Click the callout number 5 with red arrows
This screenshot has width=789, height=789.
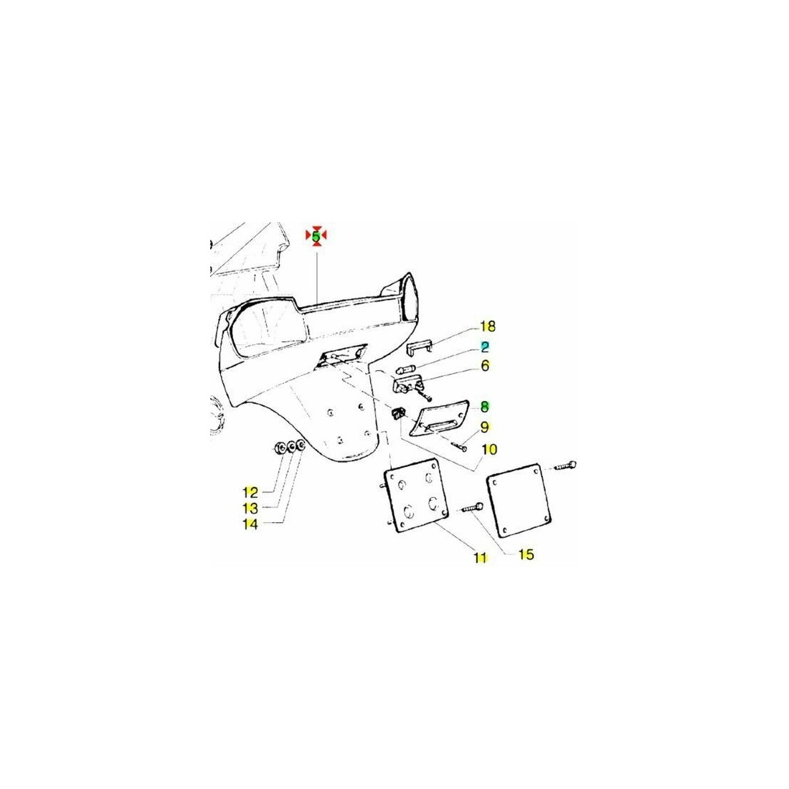(316, 235)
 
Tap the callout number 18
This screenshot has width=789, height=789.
(488, 326)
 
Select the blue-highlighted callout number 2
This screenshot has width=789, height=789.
(485, 346)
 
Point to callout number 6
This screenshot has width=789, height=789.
(485, 365)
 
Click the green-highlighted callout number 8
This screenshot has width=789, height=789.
(485, 406)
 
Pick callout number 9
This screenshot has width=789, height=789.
(485, 427)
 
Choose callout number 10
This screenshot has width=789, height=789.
(489, 449)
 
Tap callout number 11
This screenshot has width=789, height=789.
(481, 557)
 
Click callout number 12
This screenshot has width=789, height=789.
(250, 492)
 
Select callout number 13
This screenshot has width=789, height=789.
(250, 509)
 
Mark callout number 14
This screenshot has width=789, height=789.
(250, 524)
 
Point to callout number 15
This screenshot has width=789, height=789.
(526, 554)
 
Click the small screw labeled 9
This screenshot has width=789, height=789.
(459, 445)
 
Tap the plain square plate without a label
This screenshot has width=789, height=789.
(519, 500)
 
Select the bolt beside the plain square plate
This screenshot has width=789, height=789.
(565, 466)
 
